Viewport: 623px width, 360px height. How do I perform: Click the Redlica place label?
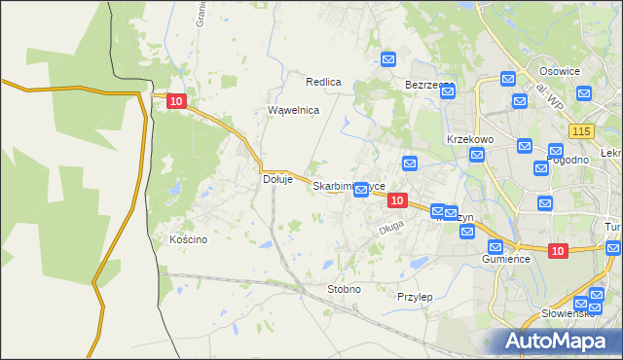[323, 82]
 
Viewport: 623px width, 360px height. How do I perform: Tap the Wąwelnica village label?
[294, 111]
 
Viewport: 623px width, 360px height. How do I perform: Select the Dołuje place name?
[278, 179]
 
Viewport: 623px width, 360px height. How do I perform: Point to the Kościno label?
[188, 239]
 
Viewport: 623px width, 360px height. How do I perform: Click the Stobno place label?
[344, 289]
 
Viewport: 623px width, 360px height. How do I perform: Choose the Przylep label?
[415, 296]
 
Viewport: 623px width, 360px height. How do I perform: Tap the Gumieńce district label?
[505, 260]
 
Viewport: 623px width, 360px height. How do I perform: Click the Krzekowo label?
[470, 139]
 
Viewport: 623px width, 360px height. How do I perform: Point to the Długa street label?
[390, 230]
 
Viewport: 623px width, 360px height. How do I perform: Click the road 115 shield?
[583, 131]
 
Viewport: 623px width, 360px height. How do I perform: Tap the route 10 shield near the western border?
[175, 100]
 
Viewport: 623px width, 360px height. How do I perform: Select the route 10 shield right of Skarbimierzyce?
[396, 199]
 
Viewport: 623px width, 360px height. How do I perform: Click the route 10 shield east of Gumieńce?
[557, 251]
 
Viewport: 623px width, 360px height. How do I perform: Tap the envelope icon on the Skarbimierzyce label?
[361, 189]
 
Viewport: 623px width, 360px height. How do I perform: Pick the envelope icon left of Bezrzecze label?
[387, 60]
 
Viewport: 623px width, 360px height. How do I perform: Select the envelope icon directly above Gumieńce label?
[495, 246]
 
